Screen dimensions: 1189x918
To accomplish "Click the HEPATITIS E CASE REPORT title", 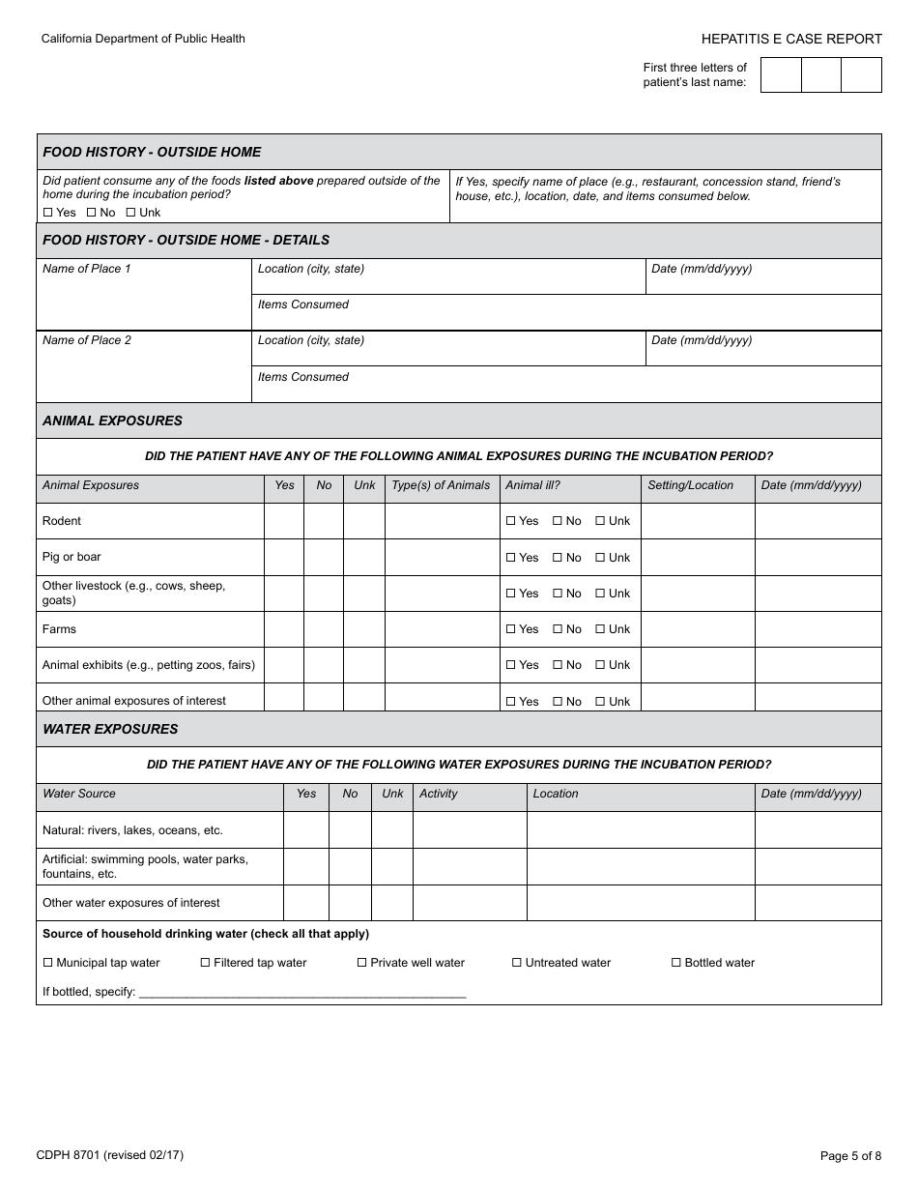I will [x=791, y=39].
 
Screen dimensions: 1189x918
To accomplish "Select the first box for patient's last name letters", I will [x=781, y=74].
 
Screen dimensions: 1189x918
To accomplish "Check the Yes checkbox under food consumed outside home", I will [x=48, y=213].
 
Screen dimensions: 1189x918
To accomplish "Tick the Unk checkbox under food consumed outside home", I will [x=130, y=213].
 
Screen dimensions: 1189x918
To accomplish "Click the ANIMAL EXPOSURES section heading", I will [x=112, y=420].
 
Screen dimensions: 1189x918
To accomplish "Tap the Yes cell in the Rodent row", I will [x=284, y=521].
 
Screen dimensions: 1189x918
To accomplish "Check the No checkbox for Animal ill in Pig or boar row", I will [x=558, y=558].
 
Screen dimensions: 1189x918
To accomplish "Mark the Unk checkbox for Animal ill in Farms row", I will [x=600, y=629].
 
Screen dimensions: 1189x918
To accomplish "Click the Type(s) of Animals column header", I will [x=441, y=485].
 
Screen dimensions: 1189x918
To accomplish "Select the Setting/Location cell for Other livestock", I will [x=697, y=594].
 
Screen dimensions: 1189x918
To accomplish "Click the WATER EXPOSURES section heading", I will [x=110, y=729].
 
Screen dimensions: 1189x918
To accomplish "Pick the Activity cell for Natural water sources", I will [x=470, y=830].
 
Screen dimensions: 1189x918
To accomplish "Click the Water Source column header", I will [x=79, y=794].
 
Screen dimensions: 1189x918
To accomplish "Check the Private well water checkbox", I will [x=362, y=963].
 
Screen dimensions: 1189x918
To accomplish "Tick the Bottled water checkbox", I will [x=676, y=963].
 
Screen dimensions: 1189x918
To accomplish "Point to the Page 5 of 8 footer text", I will [x=850, y=1155].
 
